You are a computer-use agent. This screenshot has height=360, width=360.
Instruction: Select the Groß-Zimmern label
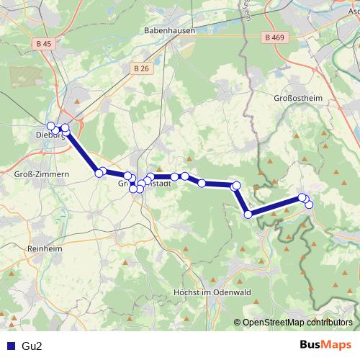tap(41, 174)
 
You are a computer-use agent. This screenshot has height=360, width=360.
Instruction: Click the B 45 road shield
tap(43, 44)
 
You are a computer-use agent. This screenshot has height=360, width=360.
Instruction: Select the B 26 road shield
tap(140, 68)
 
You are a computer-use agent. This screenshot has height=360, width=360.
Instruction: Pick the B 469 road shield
tap(274, 37)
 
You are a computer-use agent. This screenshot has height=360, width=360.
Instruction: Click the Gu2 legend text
tap(32, 346)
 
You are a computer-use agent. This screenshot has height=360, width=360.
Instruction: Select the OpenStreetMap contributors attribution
tap(297, 323)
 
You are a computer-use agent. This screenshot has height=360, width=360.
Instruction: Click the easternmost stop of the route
tap(310, 204)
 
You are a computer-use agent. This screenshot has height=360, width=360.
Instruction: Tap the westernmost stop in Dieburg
tap(50, 125)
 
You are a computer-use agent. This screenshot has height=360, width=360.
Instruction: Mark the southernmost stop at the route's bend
tap(248, 214)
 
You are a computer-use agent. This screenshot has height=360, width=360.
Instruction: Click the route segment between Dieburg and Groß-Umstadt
tap(82, 152)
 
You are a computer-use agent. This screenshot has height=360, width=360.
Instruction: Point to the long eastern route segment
tap(275, 206)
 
